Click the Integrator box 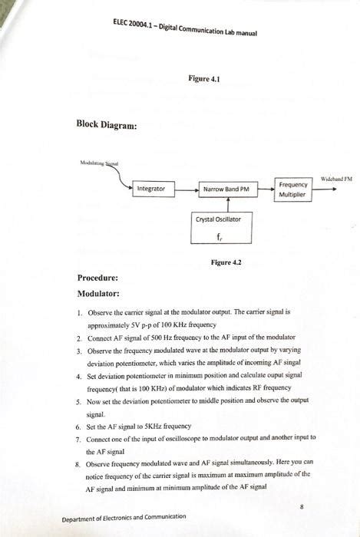click(x=154, y=188)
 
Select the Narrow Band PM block click(x=226, y=188)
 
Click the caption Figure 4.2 click(x=226, y=262)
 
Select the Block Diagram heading click(x=107, y=125)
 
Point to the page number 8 click(x=302, y=507)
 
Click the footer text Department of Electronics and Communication click(x=124, y=517)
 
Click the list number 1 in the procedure click(x=79, y=313)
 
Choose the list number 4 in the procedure click(x=79, y=376)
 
